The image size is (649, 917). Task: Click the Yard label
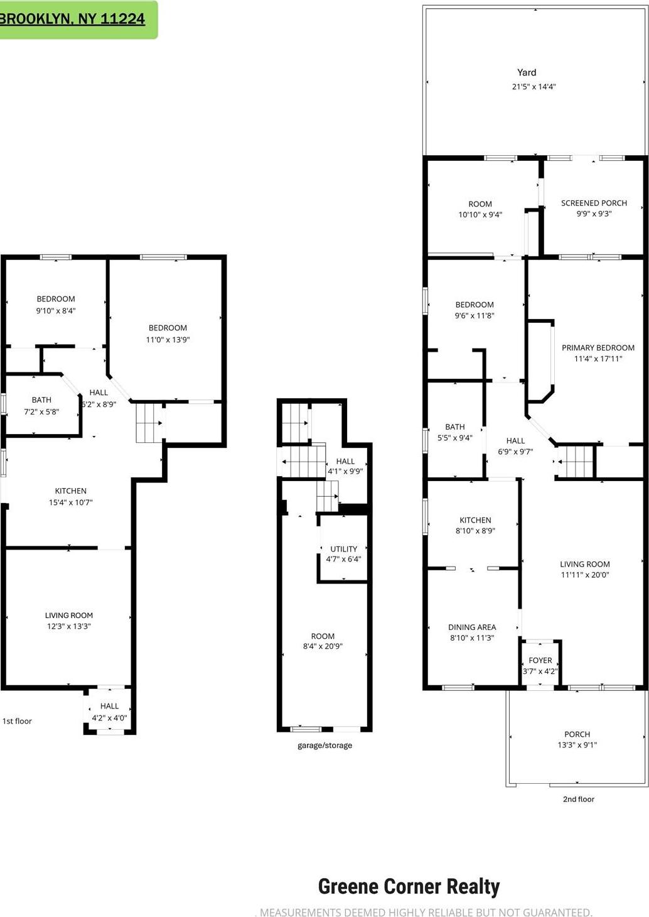tap(526, 73)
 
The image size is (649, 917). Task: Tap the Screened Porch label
tap(594, 203)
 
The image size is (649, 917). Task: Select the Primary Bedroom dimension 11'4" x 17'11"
tap(598, 359)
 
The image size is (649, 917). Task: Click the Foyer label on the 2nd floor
tap(540, 660)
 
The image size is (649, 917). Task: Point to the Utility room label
tap(343, 549)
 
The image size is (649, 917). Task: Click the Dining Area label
tap(472, 627)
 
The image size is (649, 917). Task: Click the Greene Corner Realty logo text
tap(409, 886)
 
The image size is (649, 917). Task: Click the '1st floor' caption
tap(17, 721)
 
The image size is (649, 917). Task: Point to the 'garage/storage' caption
tap(324, 746)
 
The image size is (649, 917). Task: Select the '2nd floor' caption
tap(578, 799)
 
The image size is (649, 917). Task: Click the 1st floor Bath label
tap(41, 400)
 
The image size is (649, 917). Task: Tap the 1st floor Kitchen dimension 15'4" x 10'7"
tap(70, 502)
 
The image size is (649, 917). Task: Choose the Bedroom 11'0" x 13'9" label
tap(168, 328)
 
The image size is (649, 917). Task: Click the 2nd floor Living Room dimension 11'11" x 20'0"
tap(584, 575)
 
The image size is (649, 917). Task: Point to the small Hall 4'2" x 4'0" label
tap(109, 707)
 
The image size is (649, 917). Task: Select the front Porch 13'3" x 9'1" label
tap(577, 734)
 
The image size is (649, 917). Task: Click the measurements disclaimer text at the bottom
tap(426, 912)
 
